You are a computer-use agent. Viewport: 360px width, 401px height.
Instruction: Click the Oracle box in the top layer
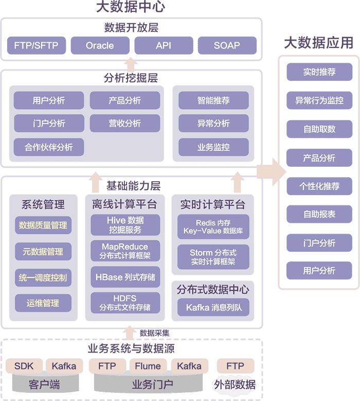100,45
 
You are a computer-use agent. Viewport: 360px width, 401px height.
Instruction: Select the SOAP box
227,45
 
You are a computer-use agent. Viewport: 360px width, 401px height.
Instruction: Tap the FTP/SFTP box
36,45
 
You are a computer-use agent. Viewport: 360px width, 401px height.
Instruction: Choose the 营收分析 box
124,124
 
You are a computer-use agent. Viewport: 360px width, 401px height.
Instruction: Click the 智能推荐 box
213,100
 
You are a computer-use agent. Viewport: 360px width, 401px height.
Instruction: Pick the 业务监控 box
213,147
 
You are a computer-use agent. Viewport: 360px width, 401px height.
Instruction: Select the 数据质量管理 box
43,225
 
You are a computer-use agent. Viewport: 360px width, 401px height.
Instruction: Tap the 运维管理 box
43,303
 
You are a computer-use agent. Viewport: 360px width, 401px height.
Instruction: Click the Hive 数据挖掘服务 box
125,225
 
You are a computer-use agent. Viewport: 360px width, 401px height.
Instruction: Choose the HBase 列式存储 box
125,277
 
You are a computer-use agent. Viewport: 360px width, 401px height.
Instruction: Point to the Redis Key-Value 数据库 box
212,226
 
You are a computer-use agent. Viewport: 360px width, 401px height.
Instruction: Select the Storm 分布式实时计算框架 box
212,257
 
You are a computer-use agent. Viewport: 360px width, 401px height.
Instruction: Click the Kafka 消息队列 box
212,308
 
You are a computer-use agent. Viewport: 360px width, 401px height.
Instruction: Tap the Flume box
148,367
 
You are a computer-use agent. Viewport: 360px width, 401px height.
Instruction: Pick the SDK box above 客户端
24,367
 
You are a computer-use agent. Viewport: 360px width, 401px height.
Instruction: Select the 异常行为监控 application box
319,101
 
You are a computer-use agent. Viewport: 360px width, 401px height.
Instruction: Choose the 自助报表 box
319,214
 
